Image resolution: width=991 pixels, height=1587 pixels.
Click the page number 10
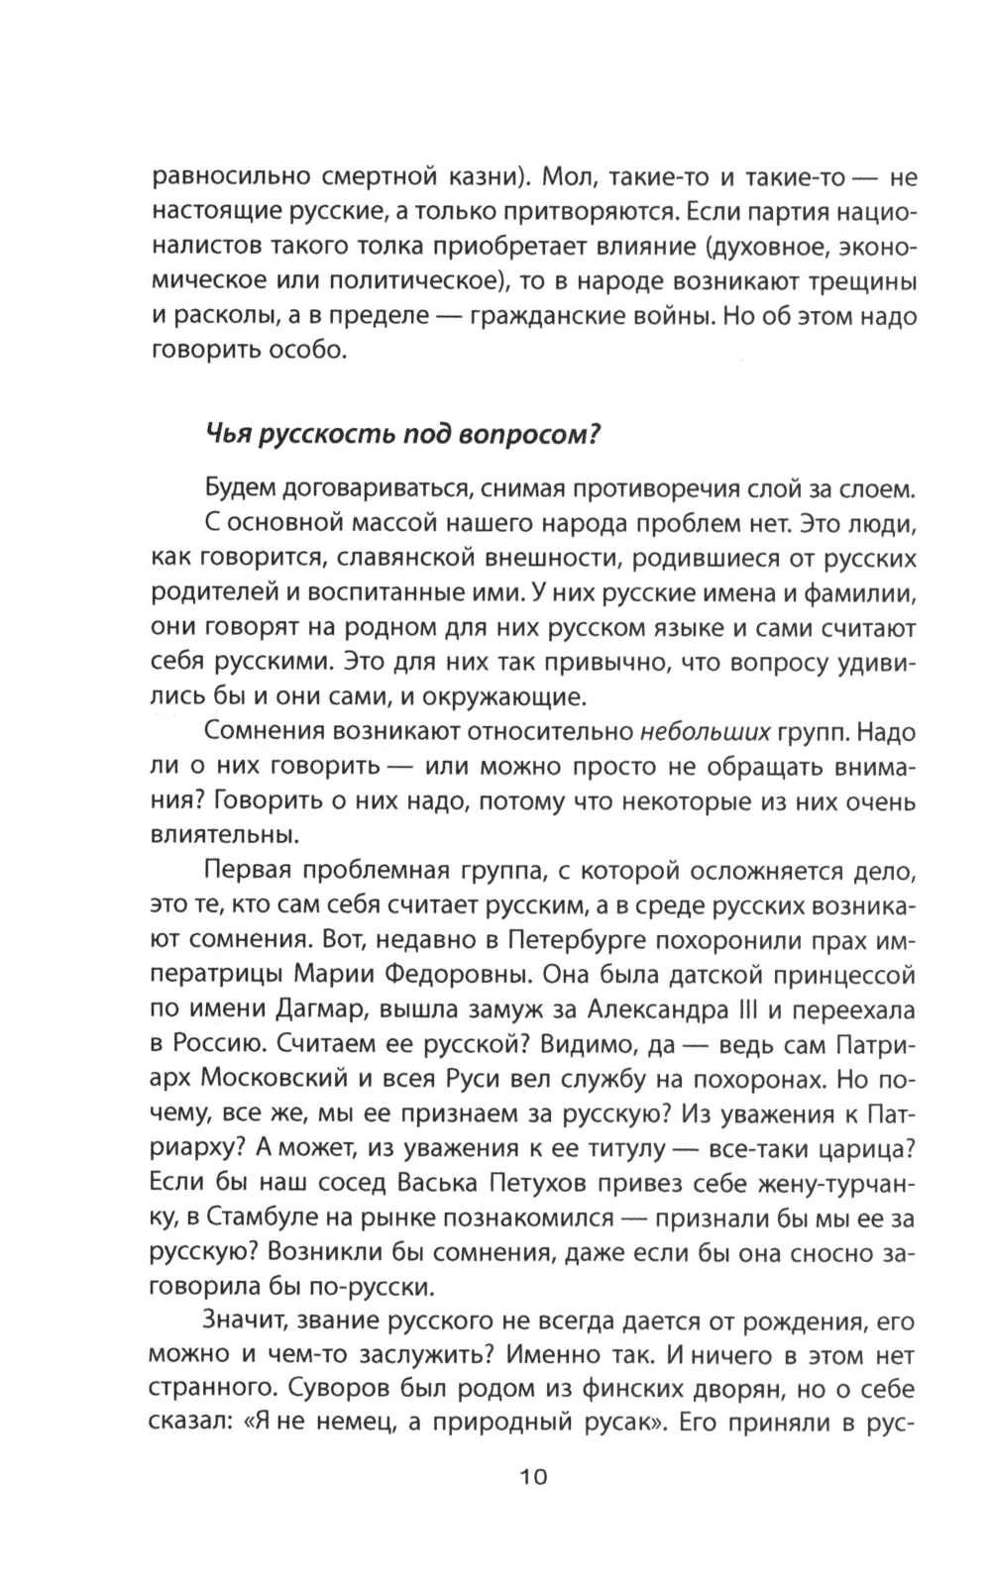532,1477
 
